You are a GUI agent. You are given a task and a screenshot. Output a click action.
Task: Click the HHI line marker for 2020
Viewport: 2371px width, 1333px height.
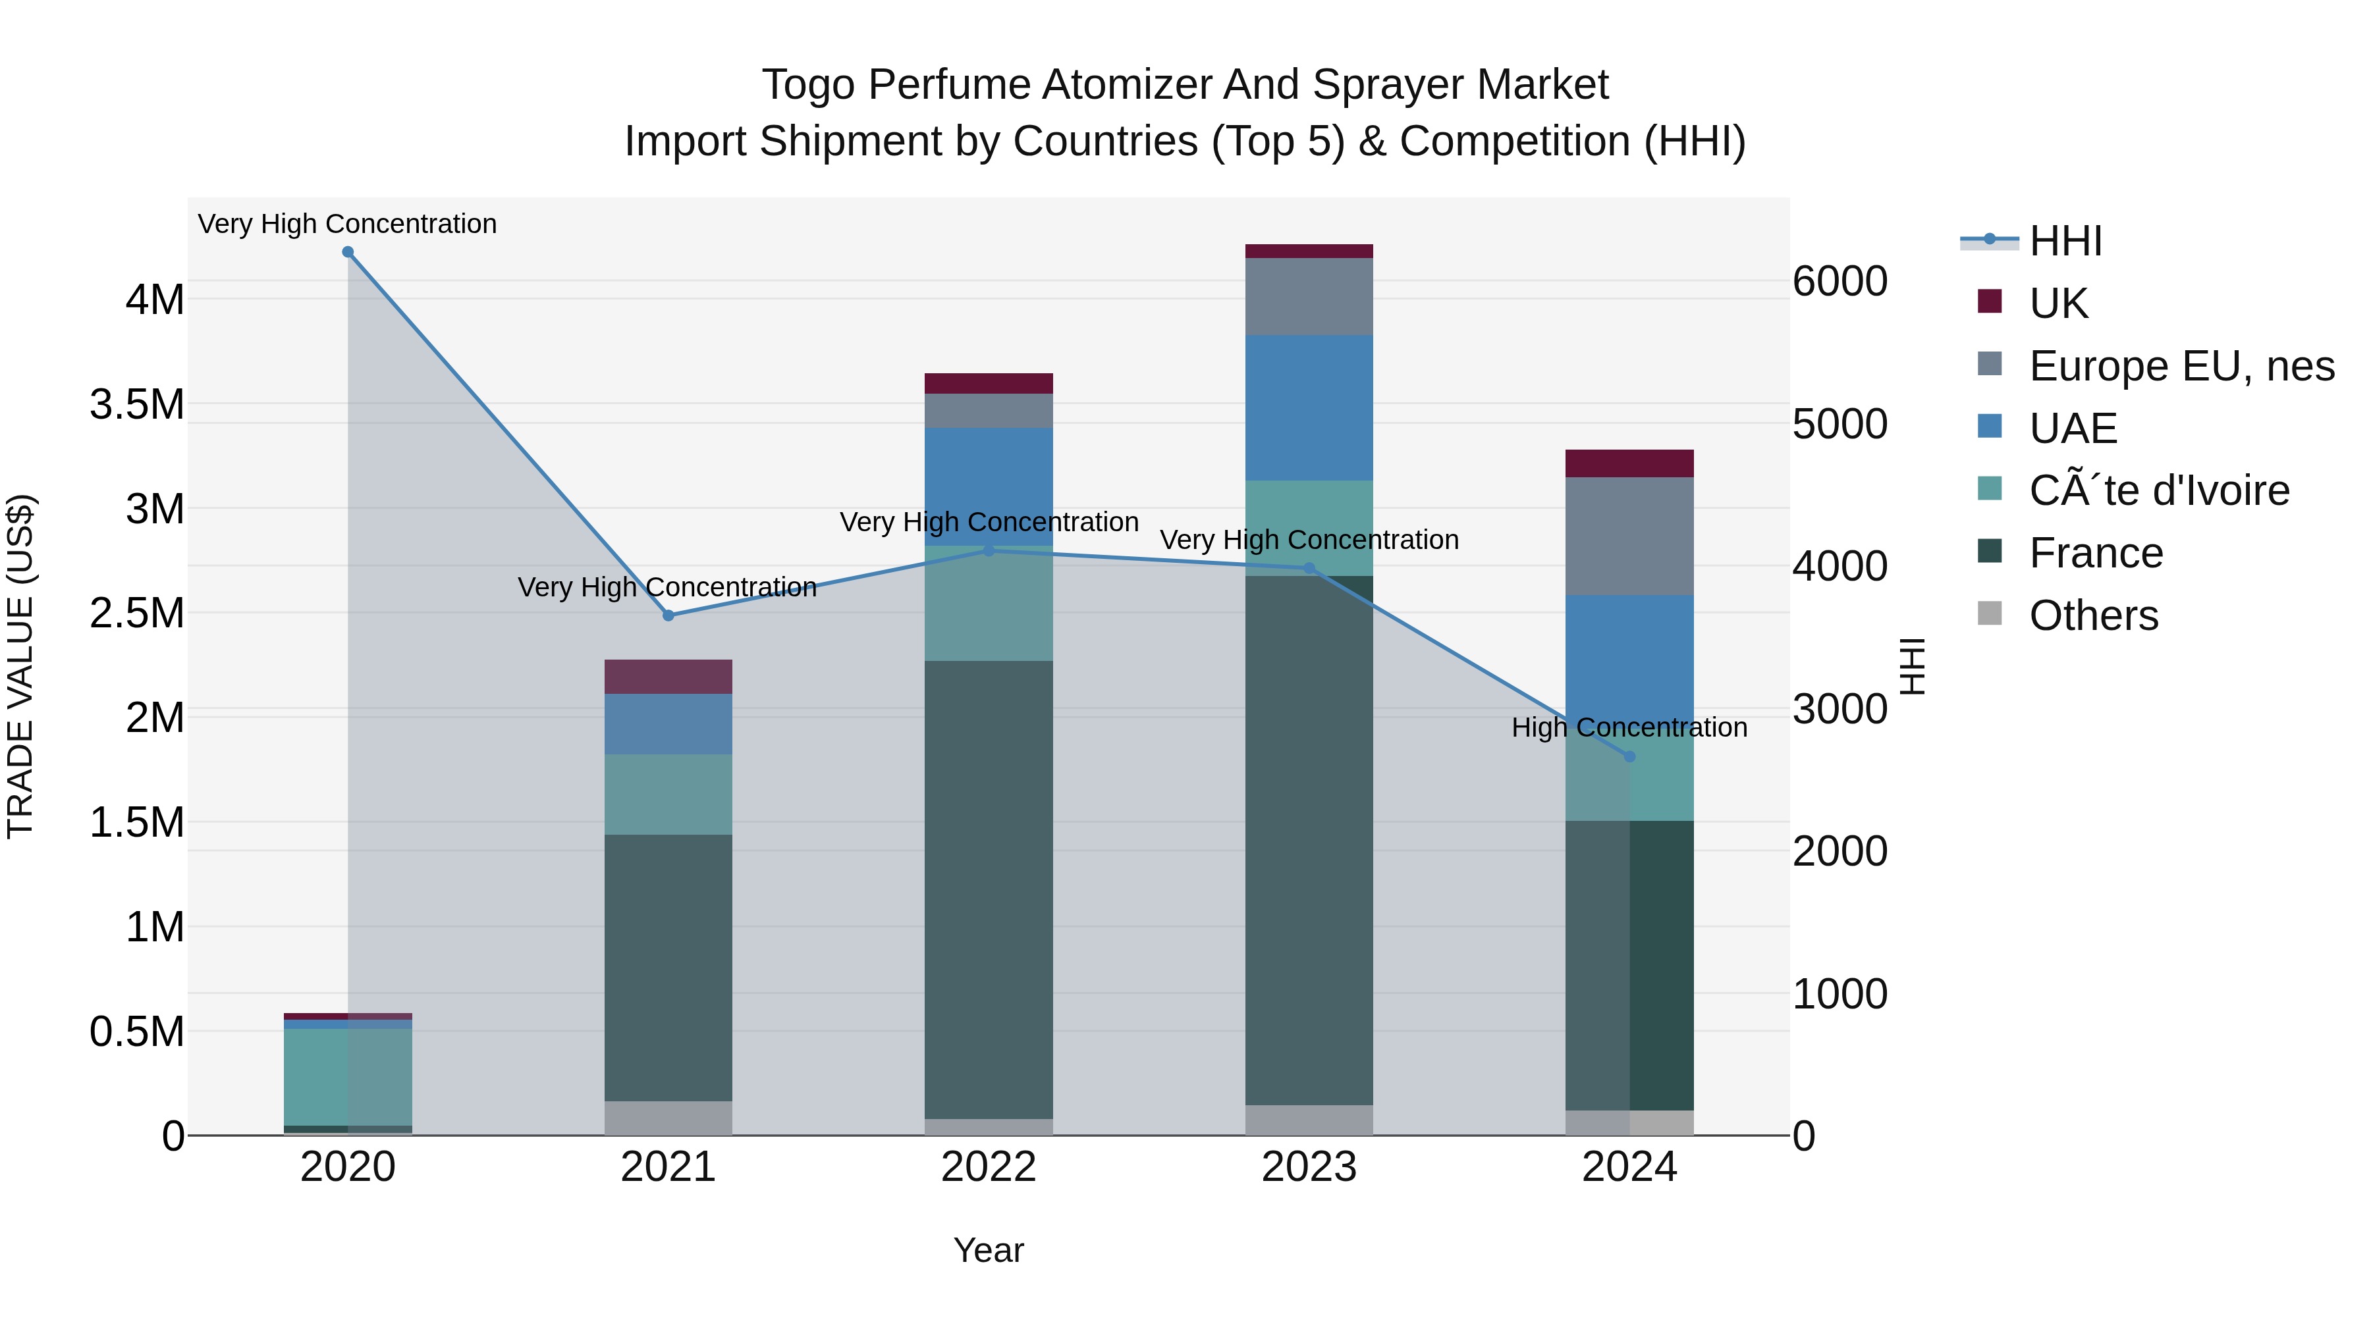tap(348, 252)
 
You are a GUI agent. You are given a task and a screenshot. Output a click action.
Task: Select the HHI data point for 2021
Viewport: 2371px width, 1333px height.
tap(668, 615)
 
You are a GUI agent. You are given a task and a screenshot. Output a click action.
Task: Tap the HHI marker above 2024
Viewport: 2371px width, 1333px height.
tap(1629, 757)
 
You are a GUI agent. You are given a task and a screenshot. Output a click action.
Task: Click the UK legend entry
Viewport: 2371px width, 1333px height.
tap(2058, 303)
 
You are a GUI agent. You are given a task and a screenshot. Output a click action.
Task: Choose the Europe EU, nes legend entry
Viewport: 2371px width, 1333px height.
tap(2181, 366)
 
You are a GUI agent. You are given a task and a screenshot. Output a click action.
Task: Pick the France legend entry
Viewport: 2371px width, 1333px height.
tap(2095, 553)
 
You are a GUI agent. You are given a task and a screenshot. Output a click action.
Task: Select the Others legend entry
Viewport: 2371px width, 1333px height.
tap(2093, 615)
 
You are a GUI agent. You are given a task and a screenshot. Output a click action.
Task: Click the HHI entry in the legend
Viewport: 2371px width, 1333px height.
tap(2065, 241)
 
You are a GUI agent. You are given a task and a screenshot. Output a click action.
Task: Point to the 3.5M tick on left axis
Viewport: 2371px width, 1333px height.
tap(137, 405)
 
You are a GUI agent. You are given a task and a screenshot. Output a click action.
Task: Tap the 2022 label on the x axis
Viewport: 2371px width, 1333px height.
tap(989, 1167)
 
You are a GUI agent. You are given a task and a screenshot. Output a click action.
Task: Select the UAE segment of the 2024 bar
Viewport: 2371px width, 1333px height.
tap(1629, 658)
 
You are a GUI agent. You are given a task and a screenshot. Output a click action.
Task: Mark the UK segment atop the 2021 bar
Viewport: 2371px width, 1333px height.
tap(668, 676)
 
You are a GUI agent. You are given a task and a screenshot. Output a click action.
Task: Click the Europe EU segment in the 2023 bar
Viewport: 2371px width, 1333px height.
tap(1309, 296)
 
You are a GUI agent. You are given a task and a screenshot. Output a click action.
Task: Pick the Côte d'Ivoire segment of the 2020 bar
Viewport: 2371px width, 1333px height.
tap(348, 1076)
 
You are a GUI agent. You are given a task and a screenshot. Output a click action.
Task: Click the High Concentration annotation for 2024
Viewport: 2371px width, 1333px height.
tap(1629, 727)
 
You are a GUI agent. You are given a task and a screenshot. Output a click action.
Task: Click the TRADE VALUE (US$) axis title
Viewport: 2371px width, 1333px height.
tap(20, 666)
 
